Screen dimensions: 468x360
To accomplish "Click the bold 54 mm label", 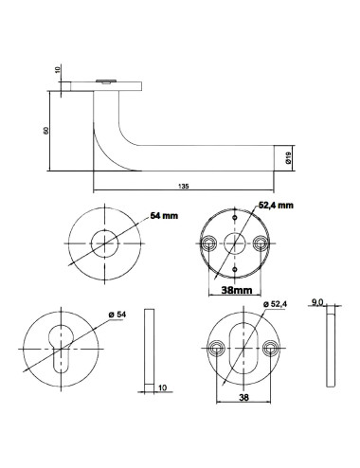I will click(163, 217).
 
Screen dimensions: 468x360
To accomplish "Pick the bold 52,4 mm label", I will click(277, 205).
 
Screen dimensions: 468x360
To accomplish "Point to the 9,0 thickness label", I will click(317, 302).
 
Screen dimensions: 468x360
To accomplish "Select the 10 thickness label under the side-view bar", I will click(161, 387).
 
